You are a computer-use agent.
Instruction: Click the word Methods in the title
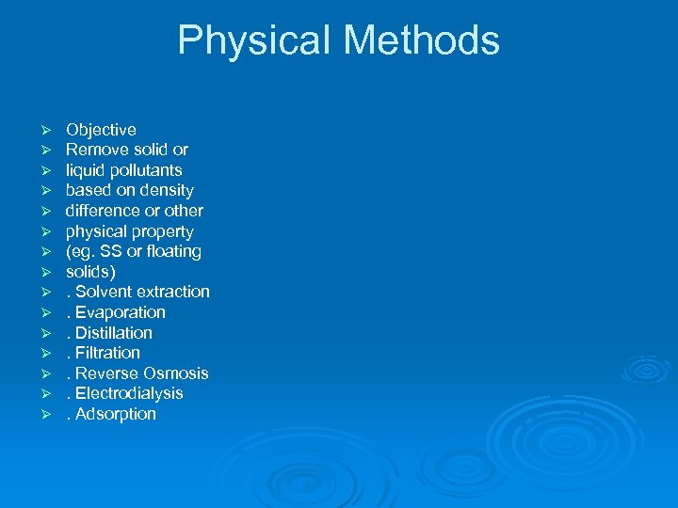pyautogui.click(x=421, y=40)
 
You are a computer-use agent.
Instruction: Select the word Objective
pyautogui.click(x=101, y=130)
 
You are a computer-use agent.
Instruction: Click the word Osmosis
pyautogui.click(x=176, y=373)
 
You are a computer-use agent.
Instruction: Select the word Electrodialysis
pyautogui.click(x=129, y=393)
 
